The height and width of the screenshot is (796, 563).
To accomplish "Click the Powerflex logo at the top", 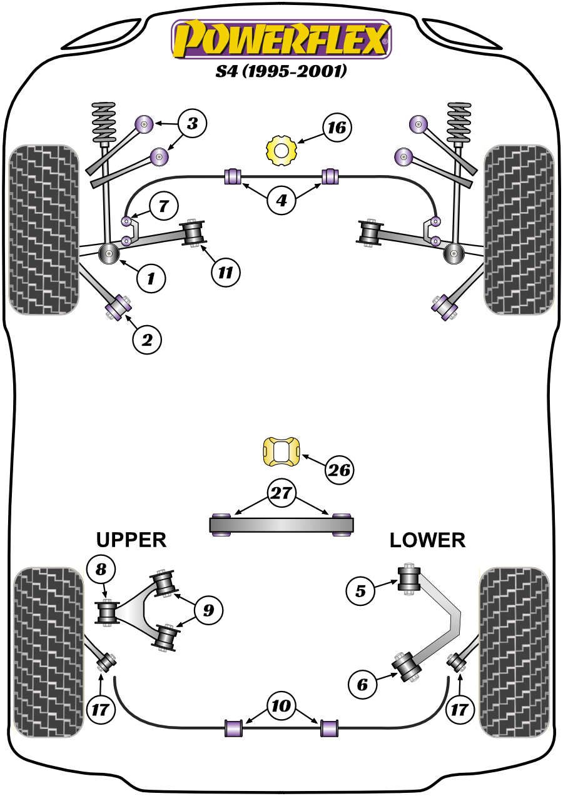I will pyautogui.click(x=281, y=39).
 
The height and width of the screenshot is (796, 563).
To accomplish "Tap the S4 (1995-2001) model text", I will pyautogui.click(x=281, y=71).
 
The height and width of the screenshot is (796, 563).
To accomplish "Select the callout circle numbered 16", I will pyautogui.click(x=337, y=128).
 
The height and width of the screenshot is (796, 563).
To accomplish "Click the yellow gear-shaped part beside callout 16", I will pyautogui.click(x=281, y=150).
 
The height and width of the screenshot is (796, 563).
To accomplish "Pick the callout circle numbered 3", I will pyautogui.click(x=191, y=124).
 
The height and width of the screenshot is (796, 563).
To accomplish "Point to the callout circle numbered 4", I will pyautogui.click(x=281, y=201).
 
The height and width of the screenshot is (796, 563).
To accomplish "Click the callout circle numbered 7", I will pyautogui.click(x=163, y=205).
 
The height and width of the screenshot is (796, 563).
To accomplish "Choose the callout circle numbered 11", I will pyautogui.click(x=225, y=272).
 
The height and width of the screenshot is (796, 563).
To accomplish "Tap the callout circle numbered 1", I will pyautogui.click(x=151, y=278).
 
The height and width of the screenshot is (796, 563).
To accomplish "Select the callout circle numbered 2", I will pyautogui.click(x=147, y=340).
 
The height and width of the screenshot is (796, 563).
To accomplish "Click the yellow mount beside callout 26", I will pyautogui.click(x=281, y=451).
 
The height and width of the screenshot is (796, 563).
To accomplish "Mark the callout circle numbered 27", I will pyautogui.click(x=281, y=493).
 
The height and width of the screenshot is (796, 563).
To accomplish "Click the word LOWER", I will pyautogui.click(x=428, y=540).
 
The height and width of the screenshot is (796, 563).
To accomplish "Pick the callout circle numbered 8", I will pyautogui.click(x=101, y=569).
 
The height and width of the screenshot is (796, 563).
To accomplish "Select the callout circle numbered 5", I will pyautogui.click(x=361, y=590).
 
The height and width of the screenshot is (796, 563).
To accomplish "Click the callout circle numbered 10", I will pyautogui.click(x=281, y=707).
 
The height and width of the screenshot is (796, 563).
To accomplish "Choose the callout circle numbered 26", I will pyautogui.click(x=338, y=470).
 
